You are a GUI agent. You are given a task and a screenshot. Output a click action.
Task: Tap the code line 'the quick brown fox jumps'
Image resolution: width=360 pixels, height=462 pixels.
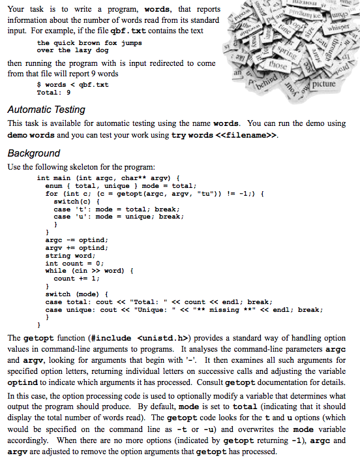tap(89, 43)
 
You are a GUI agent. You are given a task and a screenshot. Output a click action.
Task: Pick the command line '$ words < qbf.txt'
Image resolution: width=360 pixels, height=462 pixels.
tap(73, 85)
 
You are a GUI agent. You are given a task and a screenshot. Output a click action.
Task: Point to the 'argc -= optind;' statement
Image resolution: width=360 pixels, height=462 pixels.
tap(75, 240)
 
